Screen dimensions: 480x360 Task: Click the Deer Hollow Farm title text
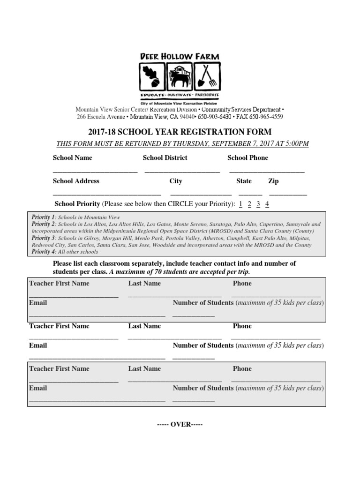(x=180, y=57)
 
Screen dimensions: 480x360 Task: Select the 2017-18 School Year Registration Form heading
(x=180, y=132)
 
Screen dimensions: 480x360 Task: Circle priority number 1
(x=240, y=204)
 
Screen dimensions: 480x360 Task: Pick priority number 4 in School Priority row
(x=267, y=204)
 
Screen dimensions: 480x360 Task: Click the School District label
(x=165, y=158)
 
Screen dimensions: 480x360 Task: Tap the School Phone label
(x=247, y=158)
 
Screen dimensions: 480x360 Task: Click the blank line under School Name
(x=95, y=171)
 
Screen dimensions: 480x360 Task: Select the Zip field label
(x=273, y=181)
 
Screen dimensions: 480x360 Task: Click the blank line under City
(x=201, y=194)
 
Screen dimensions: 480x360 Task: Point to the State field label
(x=244, y=181)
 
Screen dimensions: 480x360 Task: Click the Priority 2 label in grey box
(x=43, y=225)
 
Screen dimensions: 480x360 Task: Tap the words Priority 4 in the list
(x=43, y=252)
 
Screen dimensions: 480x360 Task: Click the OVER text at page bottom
(x=180, y=424)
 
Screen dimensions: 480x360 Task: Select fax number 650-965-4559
(x=267, y=117)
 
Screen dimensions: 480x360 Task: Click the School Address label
(x=76, y=181)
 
